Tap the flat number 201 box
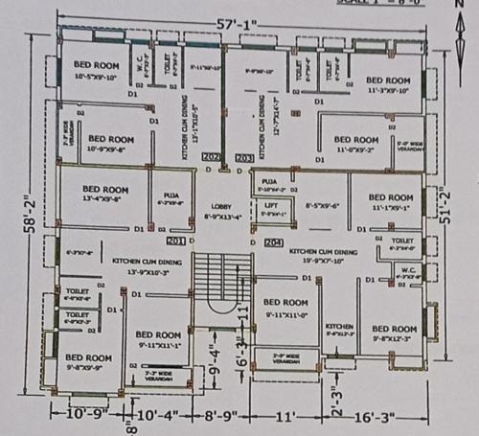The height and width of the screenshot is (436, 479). (176, 240)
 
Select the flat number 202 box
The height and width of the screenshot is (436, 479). (213, 156)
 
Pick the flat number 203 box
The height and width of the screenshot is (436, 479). (243, 156)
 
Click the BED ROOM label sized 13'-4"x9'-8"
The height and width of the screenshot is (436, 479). (104, 190)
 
